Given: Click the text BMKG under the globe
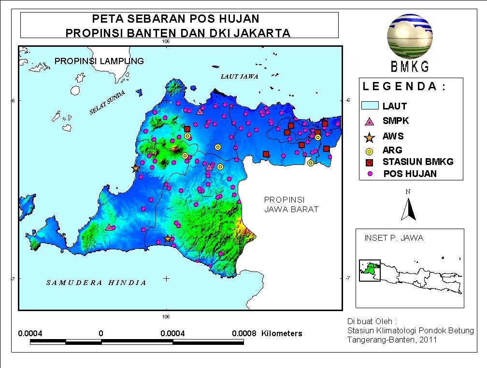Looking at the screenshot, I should coord(409,68).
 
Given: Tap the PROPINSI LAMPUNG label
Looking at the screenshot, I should coord(99,61).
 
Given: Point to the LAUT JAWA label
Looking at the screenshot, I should coord(239,76).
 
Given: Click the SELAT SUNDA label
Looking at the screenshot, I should coord(108,103).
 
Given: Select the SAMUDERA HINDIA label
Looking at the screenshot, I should coord(96,283).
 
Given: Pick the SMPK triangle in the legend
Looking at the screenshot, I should coord(370,122).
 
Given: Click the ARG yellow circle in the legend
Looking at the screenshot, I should coord(370,150).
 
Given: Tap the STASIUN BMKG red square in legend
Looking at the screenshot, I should coord(370,162).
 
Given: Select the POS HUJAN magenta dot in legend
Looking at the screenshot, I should coord(370,174).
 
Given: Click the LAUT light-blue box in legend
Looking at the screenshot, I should coord(370,106).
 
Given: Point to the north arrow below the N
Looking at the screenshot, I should coord(409,209).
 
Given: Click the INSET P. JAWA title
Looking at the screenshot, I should coord(394,238).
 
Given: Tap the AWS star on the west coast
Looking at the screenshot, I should coord(136,168).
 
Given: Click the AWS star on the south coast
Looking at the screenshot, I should coord(168,239).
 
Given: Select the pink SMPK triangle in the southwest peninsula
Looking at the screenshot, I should coord(109,227).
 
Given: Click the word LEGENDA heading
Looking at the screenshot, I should coord(404,87).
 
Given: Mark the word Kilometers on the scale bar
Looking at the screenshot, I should coord(282,333).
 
